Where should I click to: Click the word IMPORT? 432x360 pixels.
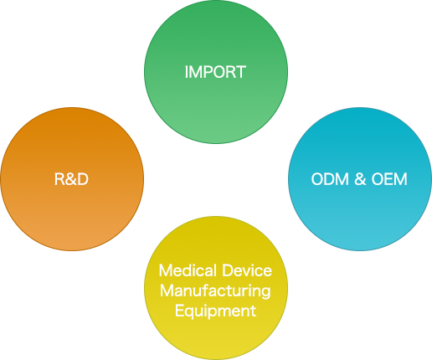215,72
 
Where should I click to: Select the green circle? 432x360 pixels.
216,72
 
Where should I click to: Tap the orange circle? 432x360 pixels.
72,179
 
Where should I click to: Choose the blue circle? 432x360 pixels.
360,179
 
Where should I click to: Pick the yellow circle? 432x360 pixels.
216,288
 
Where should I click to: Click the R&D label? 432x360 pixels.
71,179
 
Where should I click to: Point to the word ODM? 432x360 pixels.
330,179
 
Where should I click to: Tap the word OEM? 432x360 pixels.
389,179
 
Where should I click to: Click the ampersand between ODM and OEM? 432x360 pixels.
360,179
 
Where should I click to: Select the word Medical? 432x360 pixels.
188,270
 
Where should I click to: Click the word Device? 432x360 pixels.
247,270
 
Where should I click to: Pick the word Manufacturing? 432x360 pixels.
215,291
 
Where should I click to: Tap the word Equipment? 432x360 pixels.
215,311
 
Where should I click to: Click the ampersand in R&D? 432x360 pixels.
71,179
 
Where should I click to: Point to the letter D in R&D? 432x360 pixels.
83,179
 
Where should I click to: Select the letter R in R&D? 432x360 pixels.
59,179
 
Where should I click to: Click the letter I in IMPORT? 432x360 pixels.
186,72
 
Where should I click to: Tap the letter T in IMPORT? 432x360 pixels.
240,72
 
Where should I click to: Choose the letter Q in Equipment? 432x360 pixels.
189,312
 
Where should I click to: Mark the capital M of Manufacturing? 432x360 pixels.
167,291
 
